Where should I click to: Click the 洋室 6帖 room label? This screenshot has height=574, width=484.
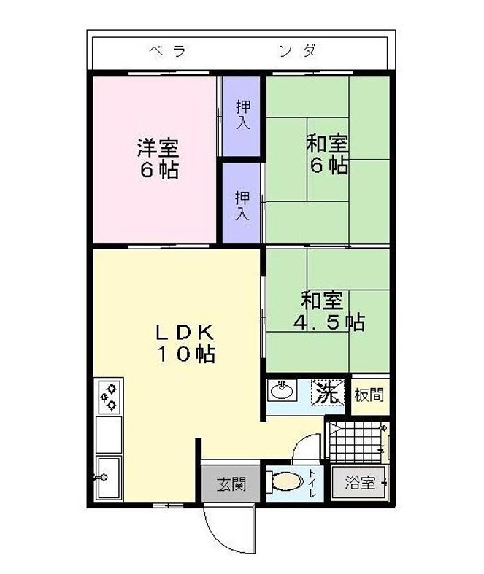pyautogui.click(x=158, y=158)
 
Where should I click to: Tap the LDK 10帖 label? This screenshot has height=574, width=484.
pyautogui.click(x=185, y=343)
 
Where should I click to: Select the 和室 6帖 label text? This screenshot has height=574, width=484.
pyautogui.click(x=327, y=154)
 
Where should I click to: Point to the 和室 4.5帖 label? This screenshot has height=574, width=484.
pyautogui.click(x=329, y=311)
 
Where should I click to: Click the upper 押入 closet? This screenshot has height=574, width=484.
pyautogui.click(x=242, y=116)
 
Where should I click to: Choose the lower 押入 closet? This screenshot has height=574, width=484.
pyautogui.click(x=242, y=203)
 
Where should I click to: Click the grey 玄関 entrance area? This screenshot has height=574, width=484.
pyautogui.click(x=231, y=484)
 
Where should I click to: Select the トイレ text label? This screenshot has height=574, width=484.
pyautogui.click(x=312, y=484)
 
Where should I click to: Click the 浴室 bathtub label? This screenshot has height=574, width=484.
pyautogui.click(x=360, y=483)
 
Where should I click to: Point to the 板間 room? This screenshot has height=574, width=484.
pyautogui.click(x=370, y=396)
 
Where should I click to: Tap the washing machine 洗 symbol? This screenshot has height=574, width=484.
pyautogui.click(x=328, y=393)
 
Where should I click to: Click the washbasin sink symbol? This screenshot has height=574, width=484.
pyautogui.click(x=282, y=391)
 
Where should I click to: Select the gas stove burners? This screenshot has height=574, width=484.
pyautogui.click(x=110, y=396)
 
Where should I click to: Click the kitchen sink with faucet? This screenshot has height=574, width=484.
pyautogui.click(x=108, y=477)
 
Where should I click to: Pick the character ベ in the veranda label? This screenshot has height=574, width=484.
pyautogui.click(x=155, y=51)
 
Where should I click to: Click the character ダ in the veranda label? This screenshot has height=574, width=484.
pyautogui.click(x=309, y=50)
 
